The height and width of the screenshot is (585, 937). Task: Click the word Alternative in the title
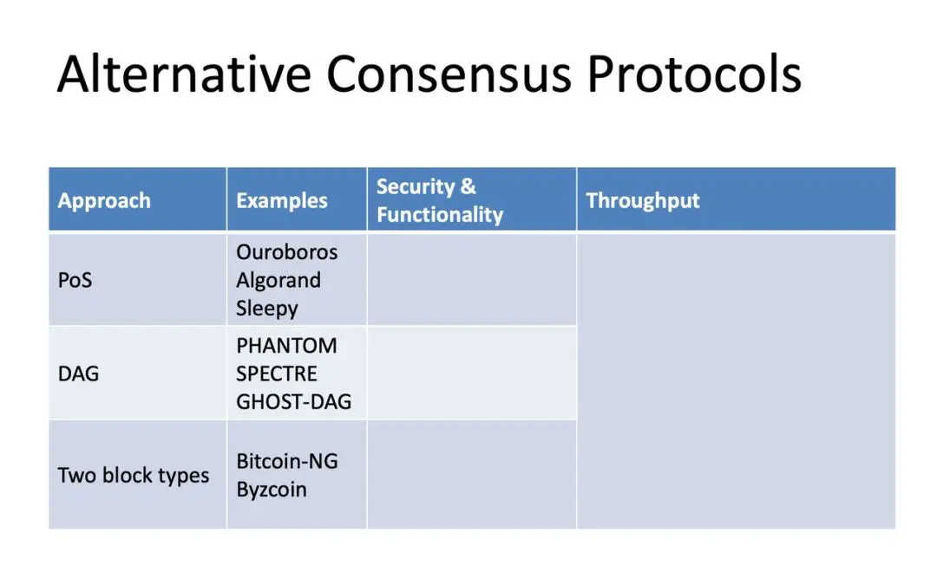coord(184,74)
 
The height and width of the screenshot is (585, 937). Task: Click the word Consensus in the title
coord(449,75)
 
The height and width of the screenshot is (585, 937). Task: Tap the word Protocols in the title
coord(694,74)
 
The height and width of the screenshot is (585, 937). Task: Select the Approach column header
coord(104,201)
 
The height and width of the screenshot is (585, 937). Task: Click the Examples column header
coord(281,200)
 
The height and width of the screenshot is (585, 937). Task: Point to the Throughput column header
coord(642,201)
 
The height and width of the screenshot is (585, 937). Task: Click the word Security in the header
coord(416,187)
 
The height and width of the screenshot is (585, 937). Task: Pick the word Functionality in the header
coord(440,215)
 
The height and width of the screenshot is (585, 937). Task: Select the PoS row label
coord(75,280)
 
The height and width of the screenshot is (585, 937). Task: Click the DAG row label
coord(78,374)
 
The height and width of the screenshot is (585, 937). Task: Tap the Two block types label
coord(134,476)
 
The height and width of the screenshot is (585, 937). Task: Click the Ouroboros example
coord(287,252)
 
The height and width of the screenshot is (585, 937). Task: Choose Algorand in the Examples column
coord(278,281)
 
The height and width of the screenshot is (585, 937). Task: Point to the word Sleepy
coord(267,309)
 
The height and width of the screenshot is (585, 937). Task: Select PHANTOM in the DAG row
coord(286,346)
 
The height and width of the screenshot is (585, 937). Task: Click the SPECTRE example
coord(277,374)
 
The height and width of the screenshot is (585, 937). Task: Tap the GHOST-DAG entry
coord(293,402)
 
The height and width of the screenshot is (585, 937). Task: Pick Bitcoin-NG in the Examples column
coord(287,461)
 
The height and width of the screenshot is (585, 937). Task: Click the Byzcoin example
coord(272,490)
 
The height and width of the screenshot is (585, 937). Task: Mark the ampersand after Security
coord(468,187)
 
